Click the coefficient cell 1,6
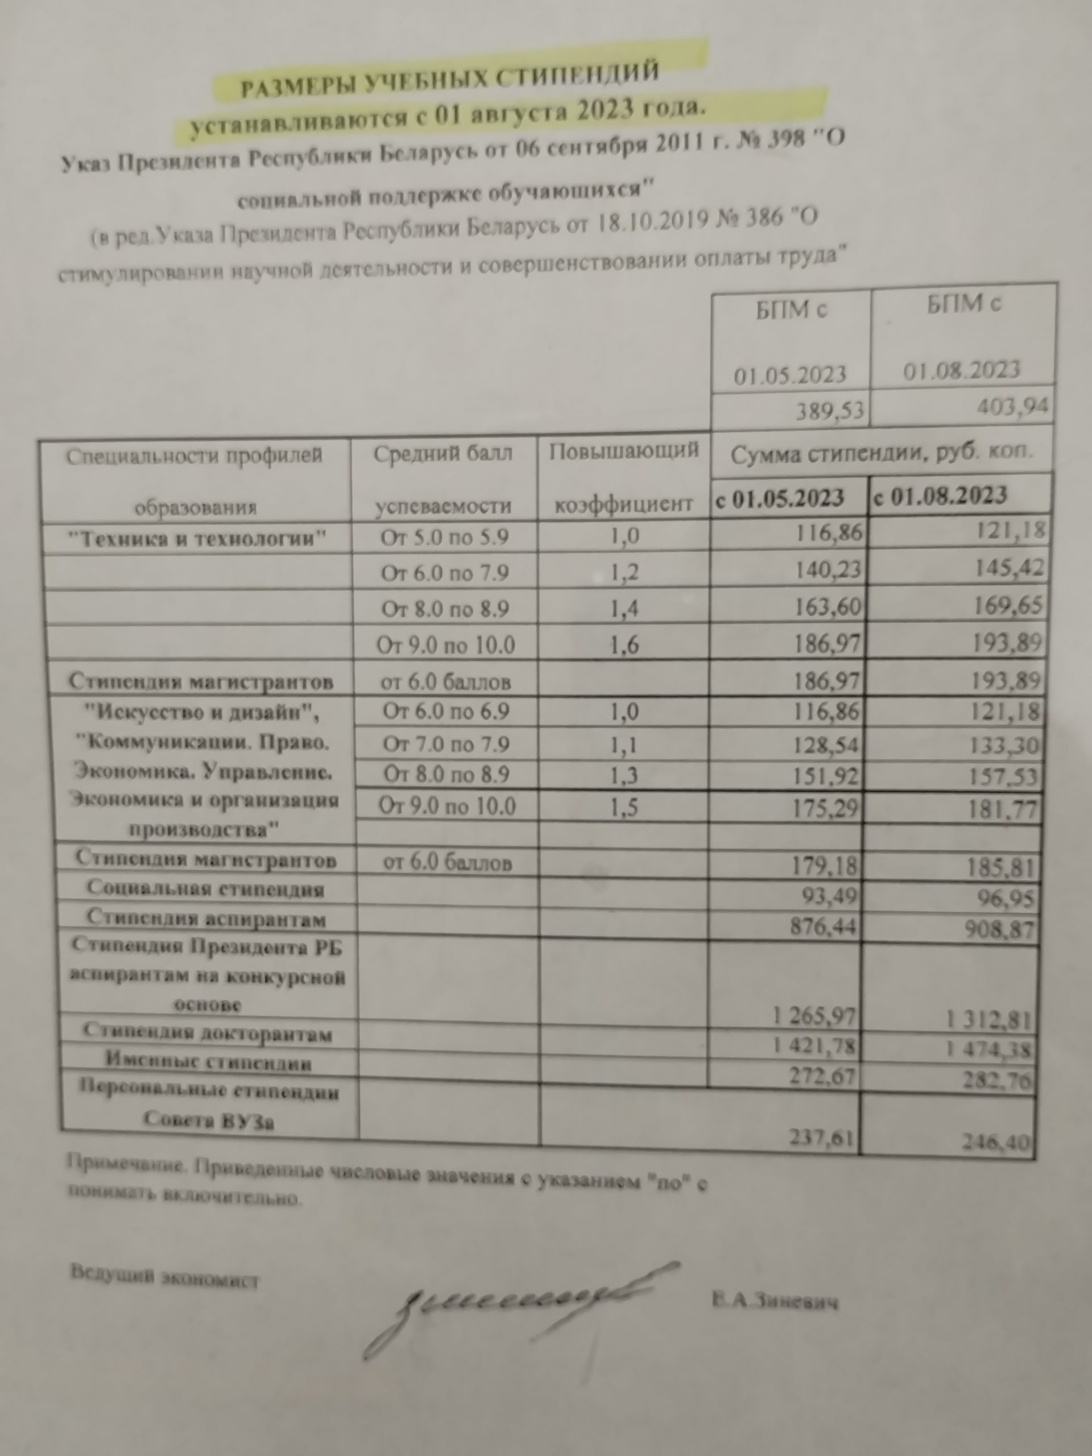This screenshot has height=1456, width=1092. coord(624,644)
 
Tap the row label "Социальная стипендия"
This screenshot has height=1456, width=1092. coord(205,890)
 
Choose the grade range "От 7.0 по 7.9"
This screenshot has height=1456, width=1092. coord(446,744)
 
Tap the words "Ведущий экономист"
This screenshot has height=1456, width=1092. coord(164,1275)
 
